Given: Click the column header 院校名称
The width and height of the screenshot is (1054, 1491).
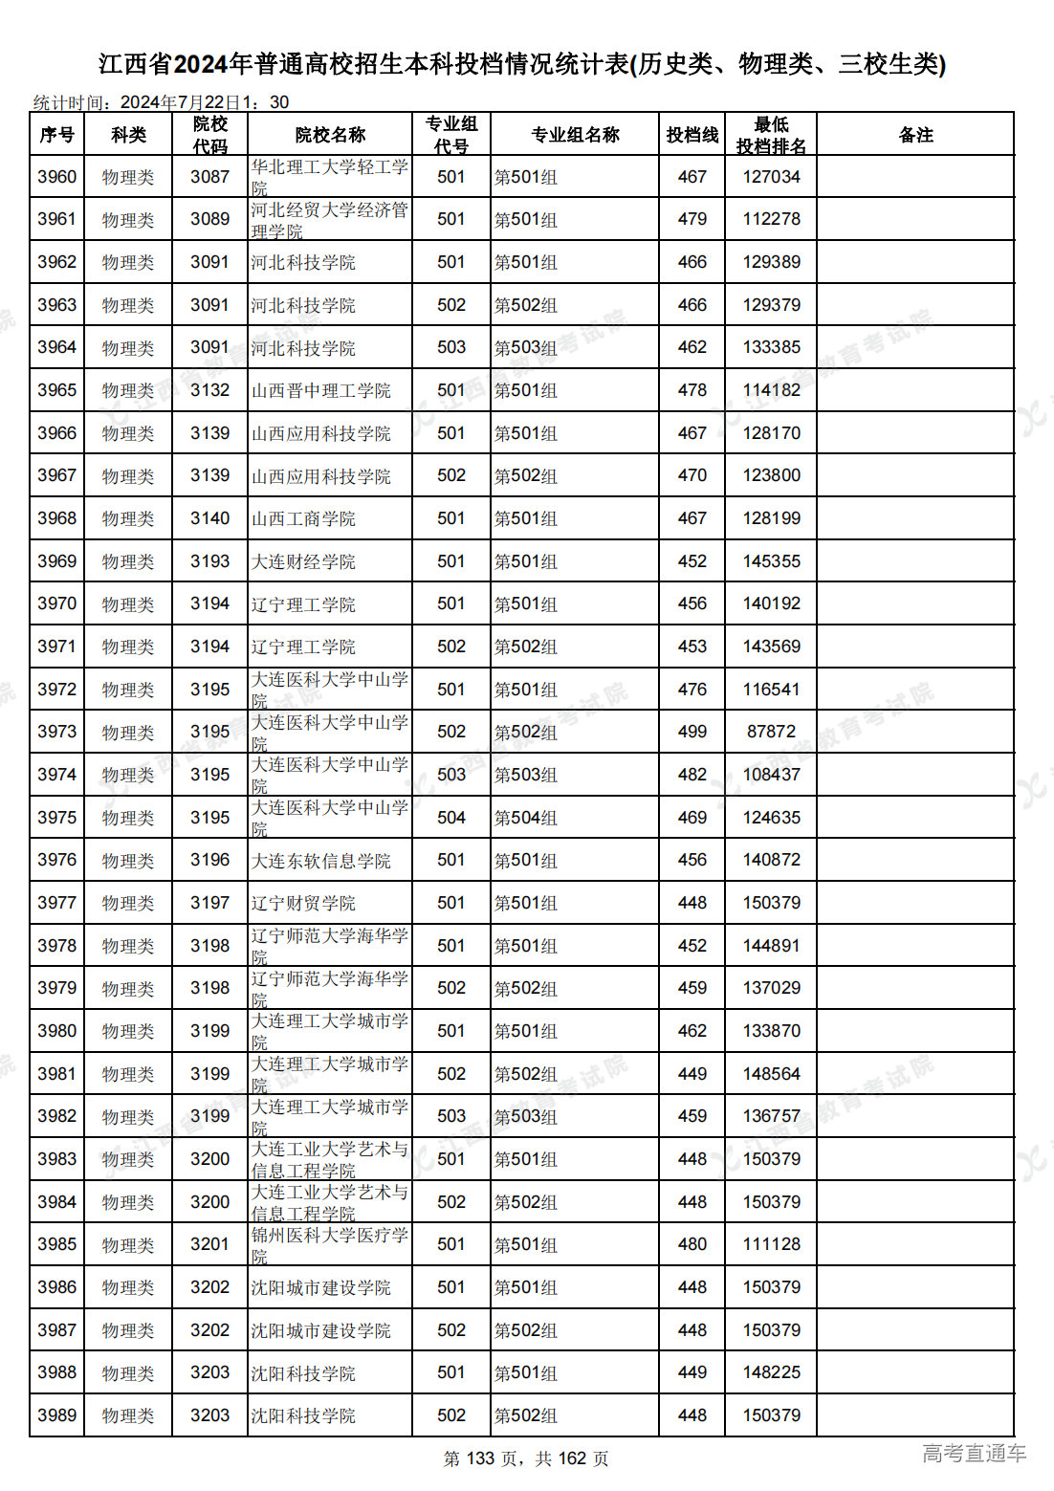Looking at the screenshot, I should click(x=330, y=135).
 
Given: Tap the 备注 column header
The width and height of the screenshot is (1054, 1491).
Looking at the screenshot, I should click(x=914, y=135).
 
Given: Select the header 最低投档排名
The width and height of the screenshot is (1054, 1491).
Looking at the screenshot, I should click(x=770, y=135).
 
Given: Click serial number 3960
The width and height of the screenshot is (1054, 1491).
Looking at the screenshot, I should click(x=56, y=177).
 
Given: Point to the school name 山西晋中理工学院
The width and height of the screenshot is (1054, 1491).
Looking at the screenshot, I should click(x=320, y=390).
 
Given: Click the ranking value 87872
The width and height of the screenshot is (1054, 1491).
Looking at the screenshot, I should click(x=771, y=732).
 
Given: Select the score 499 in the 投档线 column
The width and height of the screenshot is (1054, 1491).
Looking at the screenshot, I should click(x=692, y=732).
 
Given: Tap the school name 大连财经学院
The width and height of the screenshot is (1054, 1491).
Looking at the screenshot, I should click(x=303, y=561).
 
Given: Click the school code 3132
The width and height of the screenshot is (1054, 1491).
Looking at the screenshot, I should click(x=209, y=390).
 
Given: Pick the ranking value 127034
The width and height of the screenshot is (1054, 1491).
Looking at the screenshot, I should click(x=771, y=177).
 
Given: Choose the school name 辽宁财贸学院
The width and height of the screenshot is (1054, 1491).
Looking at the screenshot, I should click(x=303, y=903).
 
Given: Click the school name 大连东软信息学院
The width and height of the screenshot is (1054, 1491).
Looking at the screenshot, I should click(x=320, y=861).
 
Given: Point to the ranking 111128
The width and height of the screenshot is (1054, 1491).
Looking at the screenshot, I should click(x=771, y=1244).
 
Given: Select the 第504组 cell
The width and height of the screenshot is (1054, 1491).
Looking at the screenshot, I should click(x=525, y=818).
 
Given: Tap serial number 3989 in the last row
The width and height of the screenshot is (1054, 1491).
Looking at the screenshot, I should click(x=56, y=1415).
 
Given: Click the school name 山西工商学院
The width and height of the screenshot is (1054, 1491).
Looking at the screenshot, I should click(x=303, y=518).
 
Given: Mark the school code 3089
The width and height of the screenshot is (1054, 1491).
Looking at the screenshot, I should click(x=209, y=219).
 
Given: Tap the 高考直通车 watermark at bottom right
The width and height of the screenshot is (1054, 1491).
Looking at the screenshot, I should click(x=974, y=1454).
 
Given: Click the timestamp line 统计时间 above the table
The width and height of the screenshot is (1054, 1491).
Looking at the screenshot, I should click(x=161, y=102).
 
